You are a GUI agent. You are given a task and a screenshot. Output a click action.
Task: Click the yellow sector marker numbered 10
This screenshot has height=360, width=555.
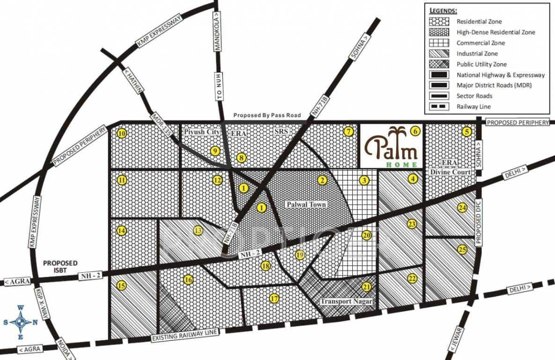pos(122,134)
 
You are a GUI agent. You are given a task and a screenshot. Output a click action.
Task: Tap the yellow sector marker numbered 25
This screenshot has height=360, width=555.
pos(462,250)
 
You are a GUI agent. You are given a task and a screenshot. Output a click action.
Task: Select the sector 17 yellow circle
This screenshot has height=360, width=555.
pos(274,298)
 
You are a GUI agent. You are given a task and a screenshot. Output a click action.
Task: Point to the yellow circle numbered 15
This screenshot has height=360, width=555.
pos(122,286)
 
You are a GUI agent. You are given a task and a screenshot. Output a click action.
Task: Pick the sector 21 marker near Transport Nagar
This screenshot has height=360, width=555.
pos(367,287)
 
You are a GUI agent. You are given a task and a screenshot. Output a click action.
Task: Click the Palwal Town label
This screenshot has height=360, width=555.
pos(306,205)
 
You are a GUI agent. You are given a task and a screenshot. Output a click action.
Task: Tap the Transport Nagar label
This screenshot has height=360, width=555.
pos(346,301)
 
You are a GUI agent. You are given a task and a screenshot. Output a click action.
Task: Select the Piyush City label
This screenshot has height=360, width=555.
pos(202,132)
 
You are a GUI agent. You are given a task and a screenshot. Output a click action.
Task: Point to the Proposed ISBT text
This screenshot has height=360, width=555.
pos(60,266)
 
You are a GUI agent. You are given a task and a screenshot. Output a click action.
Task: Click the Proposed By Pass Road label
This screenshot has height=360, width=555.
pos(267,115)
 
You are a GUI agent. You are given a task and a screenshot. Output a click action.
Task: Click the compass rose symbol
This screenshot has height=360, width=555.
pos(21,322)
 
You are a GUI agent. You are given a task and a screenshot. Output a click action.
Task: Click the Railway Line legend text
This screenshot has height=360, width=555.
pos(474,107)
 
